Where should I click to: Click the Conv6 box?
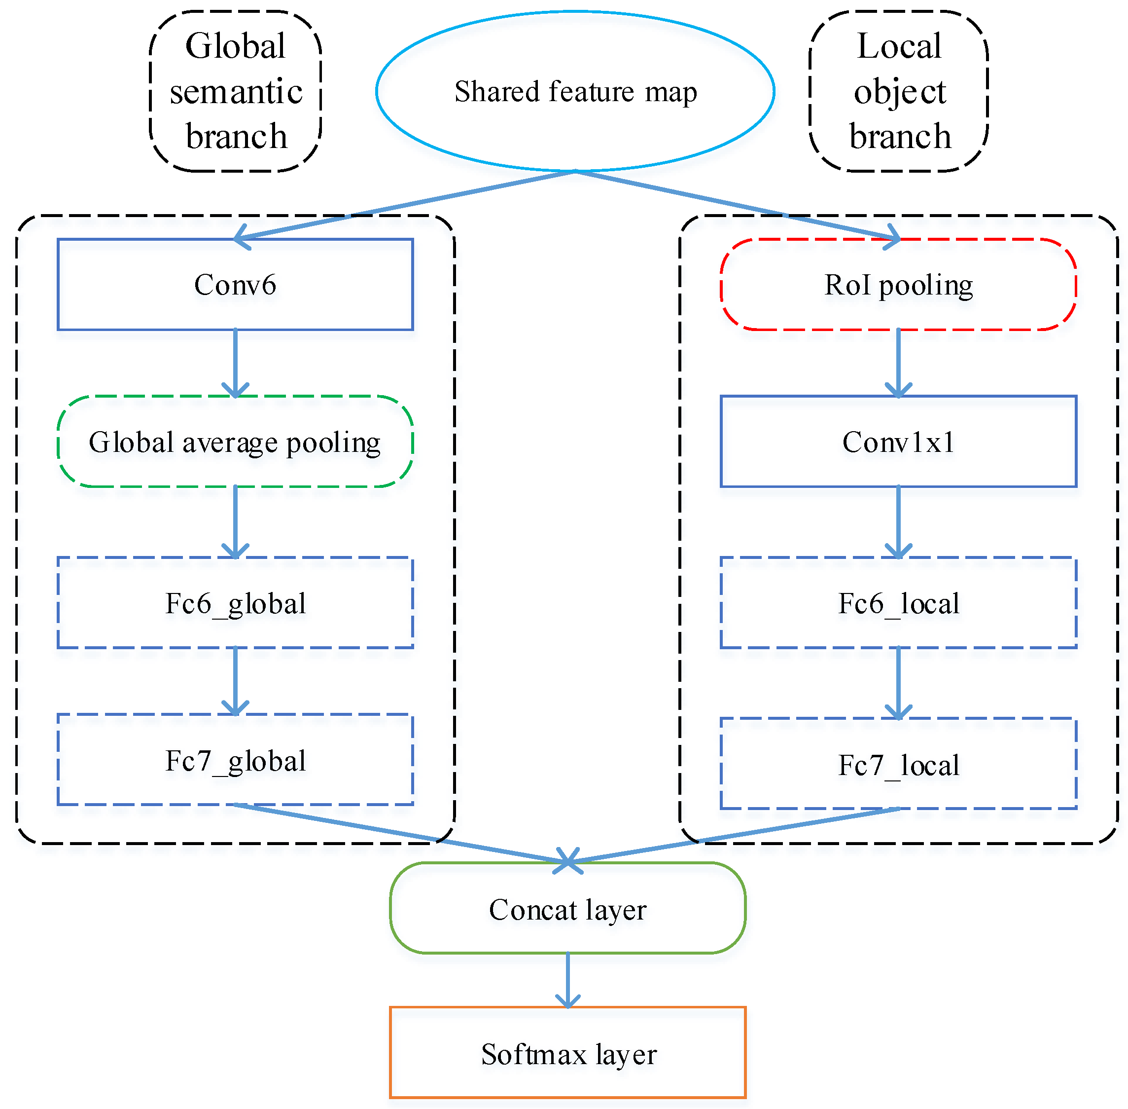(235, 284)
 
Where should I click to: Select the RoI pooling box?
(898, 284)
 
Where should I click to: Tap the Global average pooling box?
(235, 442)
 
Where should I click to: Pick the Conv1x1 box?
(898, 442)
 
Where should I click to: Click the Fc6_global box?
(235, 602)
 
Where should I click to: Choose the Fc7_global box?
(235, 760)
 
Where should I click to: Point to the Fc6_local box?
(898, 602)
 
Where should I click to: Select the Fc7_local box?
(898, 764)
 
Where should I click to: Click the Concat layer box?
(567, 909)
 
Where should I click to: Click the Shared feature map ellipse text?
(575, 91)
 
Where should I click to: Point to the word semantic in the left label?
(236, 91)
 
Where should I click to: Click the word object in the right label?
(899, 91)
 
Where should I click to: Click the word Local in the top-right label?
(899, 46)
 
